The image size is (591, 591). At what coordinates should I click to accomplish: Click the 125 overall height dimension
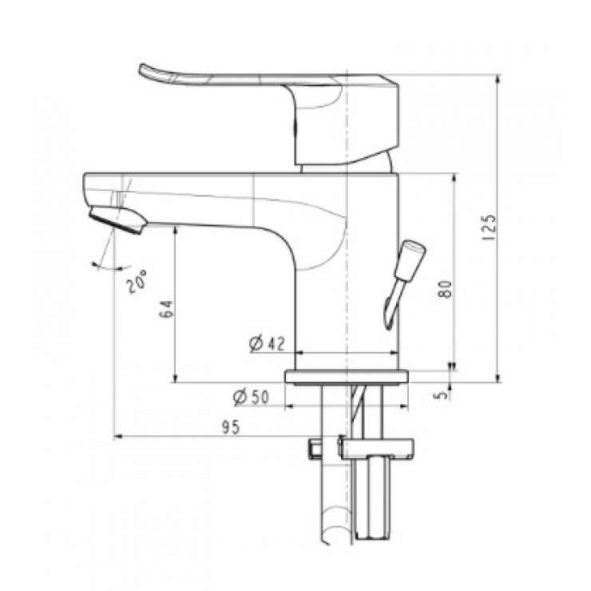point(490,228)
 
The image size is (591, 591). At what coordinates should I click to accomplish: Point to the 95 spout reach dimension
point(232,427)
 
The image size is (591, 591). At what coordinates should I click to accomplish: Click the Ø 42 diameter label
point(267,343)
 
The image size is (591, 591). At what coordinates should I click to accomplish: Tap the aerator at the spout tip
point(117,220)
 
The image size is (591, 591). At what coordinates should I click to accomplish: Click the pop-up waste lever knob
point(413,255)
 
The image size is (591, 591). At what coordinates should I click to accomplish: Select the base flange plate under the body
point(348,376)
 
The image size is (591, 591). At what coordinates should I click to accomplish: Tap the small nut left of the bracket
point(313,448)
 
